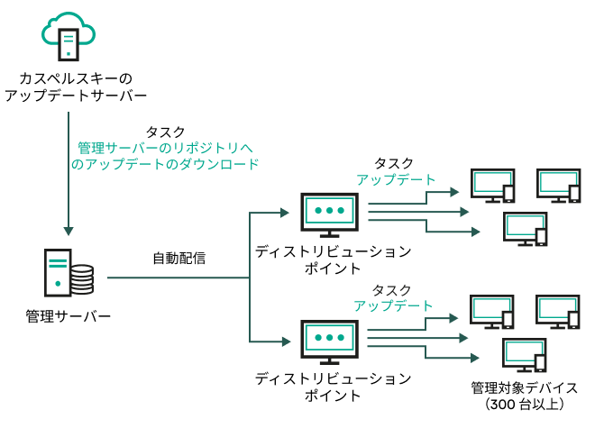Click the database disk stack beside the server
[x=82, y=280]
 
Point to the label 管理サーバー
[x=69, y=317]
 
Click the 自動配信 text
[x=178, y=259]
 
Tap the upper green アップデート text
[x=395, y=180]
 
